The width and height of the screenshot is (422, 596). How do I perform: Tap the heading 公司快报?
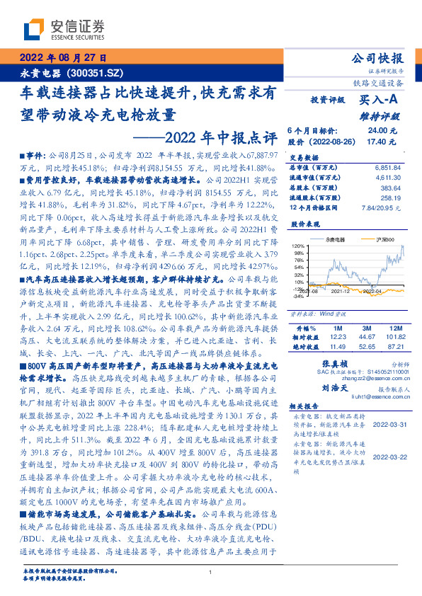[382, 58]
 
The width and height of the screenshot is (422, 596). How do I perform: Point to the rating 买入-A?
[383, 101]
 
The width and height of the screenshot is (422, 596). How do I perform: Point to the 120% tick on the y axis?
[297, 246]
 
